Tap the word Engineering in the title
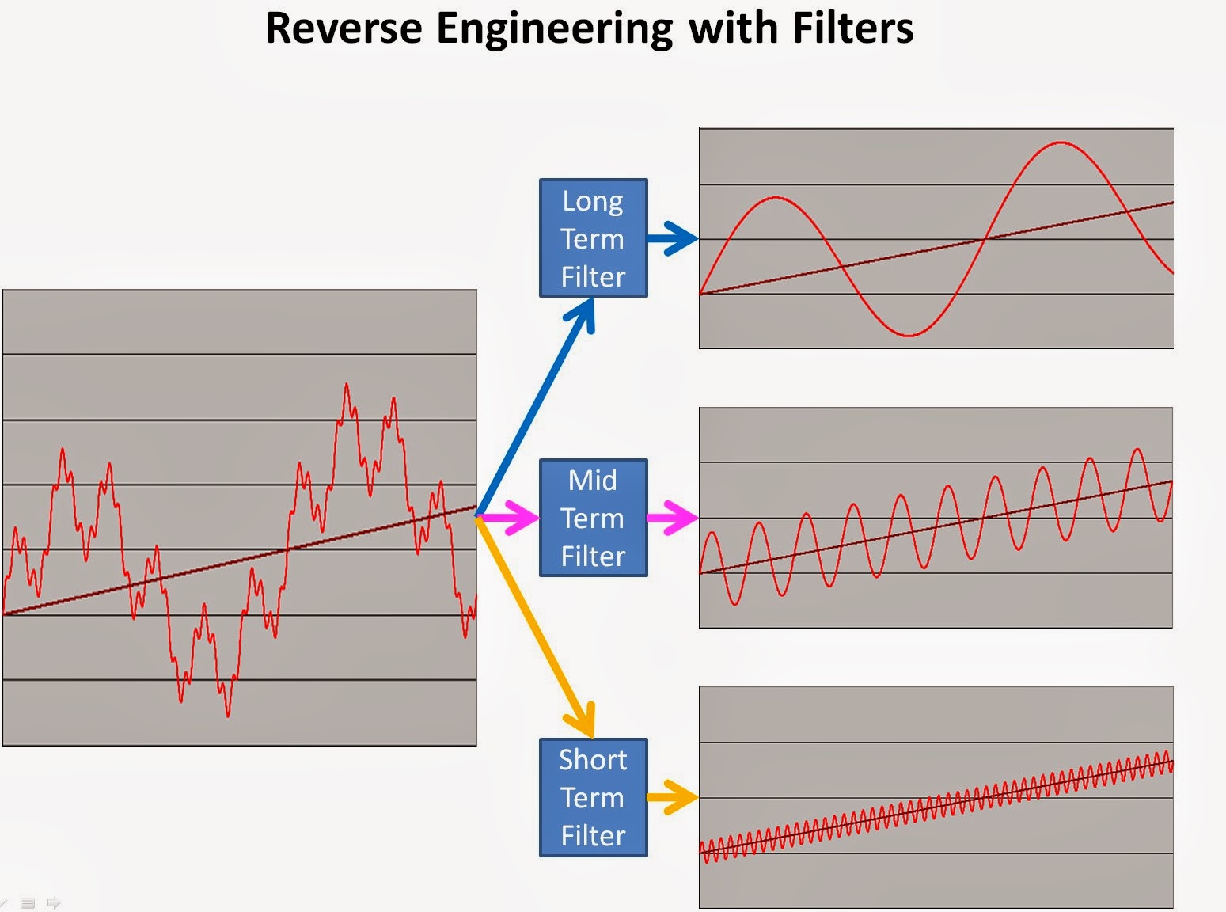pyautogui.click(x=554, y=29)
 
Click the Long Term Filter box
pyautogui.click(x=593, y=238)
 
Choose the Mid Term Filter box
pyautogui.click(x=593, y=518)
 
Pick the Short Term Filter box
pyautogui.click(x=593, y=797)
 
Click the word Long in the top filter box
pyautogui.click(x=593, y=202)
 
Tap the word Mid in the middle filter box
pyautogui.click(x=593, y=481)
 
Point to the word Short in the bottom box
pyautogui.click(x=593, y=760)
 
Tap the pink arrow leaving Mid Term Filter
pyautogui.click(x=673, y=518)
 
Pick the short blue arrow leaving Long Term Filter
pyautogui.click(x=673, y=237)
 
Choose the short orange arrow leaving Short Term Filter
pyautogui.click(x=673, y=797)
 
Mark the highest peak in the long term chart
pyautogui.click(x=1061, y=142)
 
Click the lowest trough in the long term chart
pyautogui.click(x=910, y=336)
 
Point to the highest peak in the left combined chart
pyautogui.click(x=347, y=385)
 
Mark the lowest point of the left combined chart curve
pyautogui.click(x=228, y=716)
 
